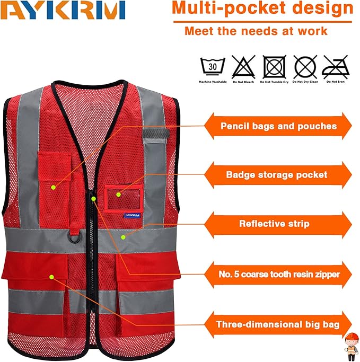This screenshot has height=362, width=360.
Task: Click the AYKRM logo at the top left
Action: click(x=63, y=10)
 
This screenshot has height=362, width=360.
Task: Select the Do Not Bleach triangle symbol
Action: click(x=243, y=68)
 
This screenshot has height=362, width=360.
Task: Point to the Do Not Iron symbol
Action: click(x=336, y=67)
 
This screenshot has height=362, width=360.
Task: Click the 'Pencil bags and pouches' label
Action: click(x=278, y=126)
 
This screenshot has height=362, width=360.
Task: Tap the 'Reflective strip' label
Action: click(x=274, y=224)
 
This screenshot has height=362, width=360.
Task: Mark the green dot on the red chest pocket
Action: click(x=53, y=187)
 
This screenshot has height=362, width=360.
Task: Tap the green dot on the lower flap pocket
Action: click(x=51, y=276)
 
